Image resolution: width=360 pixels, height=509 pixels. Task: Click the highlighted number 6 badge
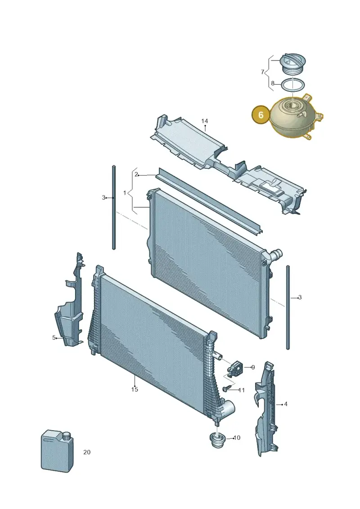tap(261, 115)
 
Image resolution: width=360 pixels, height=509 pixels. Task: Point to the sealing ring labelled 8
tap(292, 86)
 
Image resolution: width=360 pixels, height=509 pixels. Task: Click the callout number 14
tap(204, 121)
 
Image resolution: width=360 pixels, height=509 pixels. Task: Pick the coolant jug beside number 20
tap(57, 451)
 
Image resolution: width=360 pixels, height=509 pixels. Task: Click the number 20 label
tap(87, 452)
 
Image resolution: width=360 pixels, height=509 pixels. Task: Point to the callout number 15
tap(135, 389)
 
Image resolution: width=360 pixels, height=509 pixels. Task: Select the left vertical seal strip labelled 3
tap(114, 207)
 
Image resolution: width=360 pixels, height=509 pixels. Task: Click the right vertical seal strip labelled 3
tap(288, 307)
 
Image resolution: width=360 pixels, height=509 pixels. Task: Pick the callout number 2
tap(136, 174)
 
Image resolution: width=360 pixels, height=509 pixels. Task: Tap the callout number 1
tap(125, 193)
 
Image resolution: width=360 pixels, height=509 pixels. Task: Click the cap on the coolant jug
tap(67, 437)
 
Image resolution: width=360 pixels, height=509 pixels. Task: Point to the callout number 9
tap(253, 368)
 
